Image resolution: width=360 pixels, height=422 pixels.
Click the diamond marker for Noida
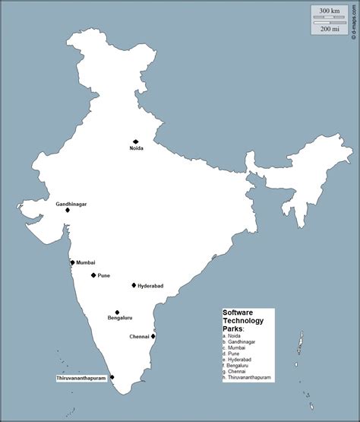pos(136,141)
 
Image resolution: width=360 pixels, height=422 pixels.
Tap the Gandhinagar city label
pos(71,205)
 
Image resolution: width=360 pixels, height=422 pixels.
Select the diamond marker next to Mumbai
pos(72,262)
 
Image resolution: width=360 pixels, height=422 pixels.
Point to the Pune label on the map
pos(104,276)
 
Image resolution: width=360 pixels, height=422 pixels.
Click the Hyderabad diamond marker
pos(134,285)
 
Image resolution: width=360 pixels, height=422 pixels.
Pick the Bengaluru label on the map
pos(120,318)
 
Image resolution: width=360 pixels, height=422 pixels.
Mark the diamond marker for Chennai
pos(153,336)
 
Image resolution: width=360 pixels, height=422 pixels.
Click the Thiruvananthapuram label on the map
pos(81,378)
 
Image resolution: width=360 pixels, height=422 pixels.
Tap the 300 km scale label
pos(330,11)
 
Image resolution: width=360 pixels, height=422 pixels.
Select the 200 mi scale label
pos(330,29)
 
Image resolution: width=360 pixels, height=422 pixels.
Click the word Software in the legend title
pos(237,313)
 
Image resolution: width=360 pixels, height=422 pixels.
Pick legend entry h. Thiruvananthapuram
pos(247,377)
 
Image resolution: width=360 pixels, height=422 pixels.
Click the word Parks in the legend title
pos(232,328)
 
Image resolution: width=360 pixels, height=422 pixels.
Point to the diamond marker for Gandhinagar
pos(68,210)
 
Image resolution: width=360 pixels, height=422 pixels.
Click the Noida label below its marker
pos(136,149)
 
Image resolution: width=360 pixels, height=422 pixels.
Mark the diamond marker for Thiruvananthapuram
pos(112,377)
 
